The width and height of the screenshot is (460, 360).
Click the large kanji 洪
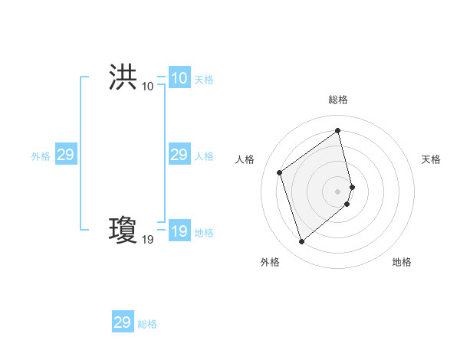(x=123, y=77)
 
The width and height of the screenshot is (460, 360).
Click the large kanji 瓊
(x=123, y=230)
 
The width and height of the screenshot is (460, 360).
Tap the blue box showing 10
(x=179, y=78)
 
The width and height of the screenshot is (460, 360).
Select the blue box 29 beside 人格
(x=179, y=155)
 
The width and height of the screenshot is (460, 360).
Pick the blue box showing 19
(x=179, y=231)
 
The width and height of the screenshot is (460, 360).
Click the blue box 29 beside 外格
(x=65, y=155)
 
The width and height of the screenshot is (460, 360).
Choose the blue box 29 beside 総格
(x=123, y=322)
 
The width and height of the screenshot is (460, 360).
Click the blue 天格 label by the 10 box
(x=204, y=80)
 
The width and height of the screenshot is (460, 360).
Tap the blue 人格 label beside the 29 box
(x=204, y=156)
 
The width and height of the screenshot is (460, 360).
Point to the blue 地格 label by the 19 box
(x=204, y=233)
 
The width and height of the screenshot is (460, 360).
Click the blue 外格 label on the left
(x=41, y=156)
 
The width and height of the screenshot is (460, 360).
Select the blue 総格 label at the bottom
(x=147, y=324)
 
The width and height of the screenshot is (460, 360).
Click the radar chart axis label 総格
(x=338, y=100)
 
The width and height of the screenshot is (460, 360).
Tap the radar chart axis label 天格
(x=431, y=159)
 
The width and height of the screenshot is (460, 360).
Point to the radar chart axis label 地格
(x=402, y=262)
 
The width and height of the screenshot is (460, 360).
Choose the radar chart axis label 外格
(x=270, y=262)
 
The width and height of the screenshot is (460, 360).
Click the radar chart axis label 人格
(x=245, y=159)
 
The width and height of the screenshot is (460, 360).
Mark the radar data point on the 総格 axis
(x=338, y=131)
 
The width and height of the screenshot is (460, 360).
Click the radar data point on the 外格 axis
(x=301, y=242)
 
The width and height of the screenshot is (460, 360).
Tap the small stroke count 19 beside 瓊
(x=147, y=240)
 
